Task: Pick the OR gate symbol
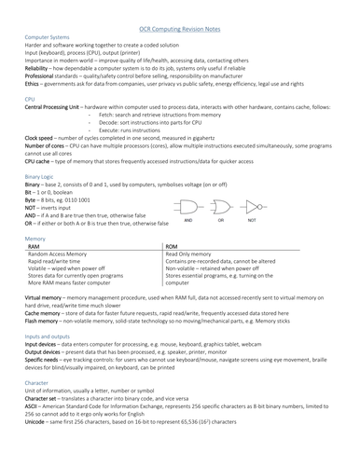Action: [222, 206]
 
